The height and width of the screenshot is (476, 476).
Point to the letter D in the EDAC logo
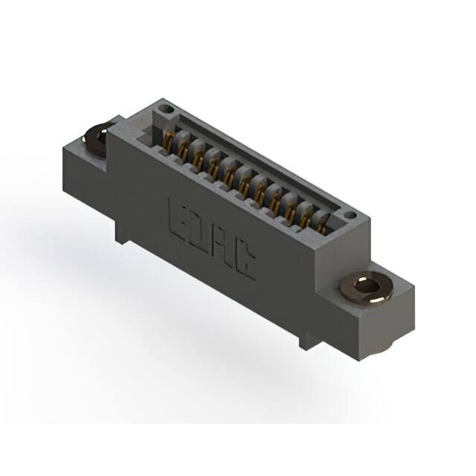click(x=199, y=231)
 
